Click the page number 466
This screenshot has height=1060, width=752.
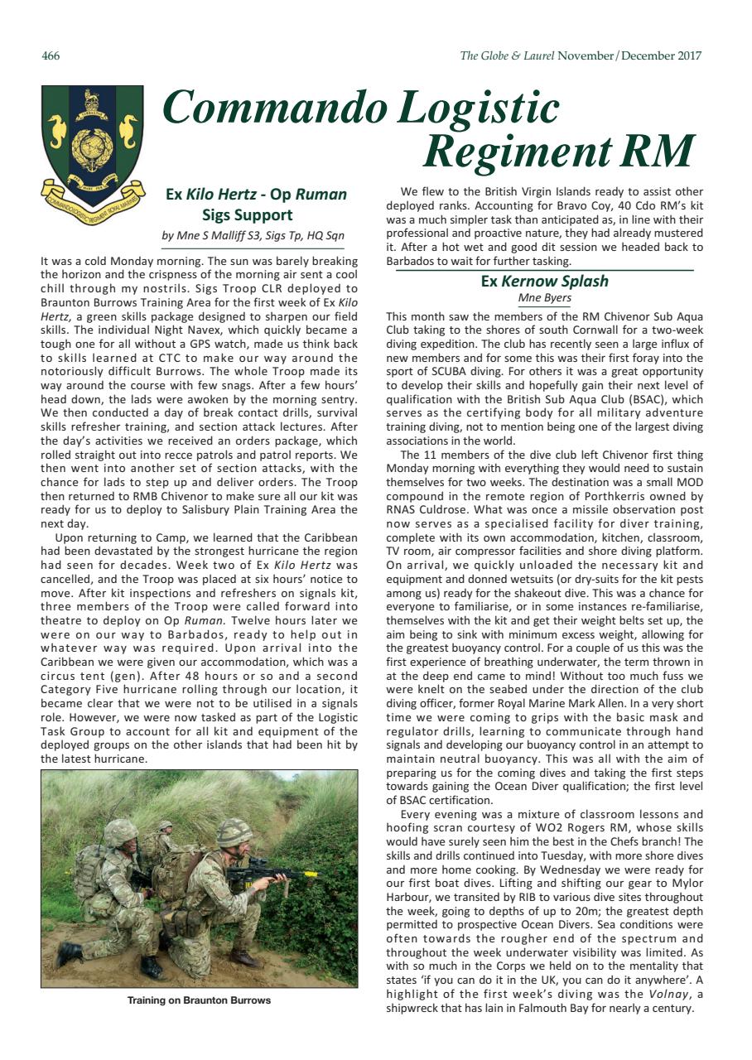[x=51, y=56]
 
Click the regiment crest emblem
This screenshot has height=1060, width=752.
[x=92, y=141]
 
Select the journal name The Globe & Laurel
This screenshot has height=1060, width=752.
[x=507, y=56]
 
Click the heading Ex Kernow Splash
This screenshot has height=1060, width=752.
[x=544, y=281]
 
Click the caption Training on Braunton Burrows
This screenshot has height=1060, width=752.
[x=199, y=1000]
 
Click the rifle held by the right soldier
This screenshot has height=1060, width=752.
[x=265, y=874]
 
